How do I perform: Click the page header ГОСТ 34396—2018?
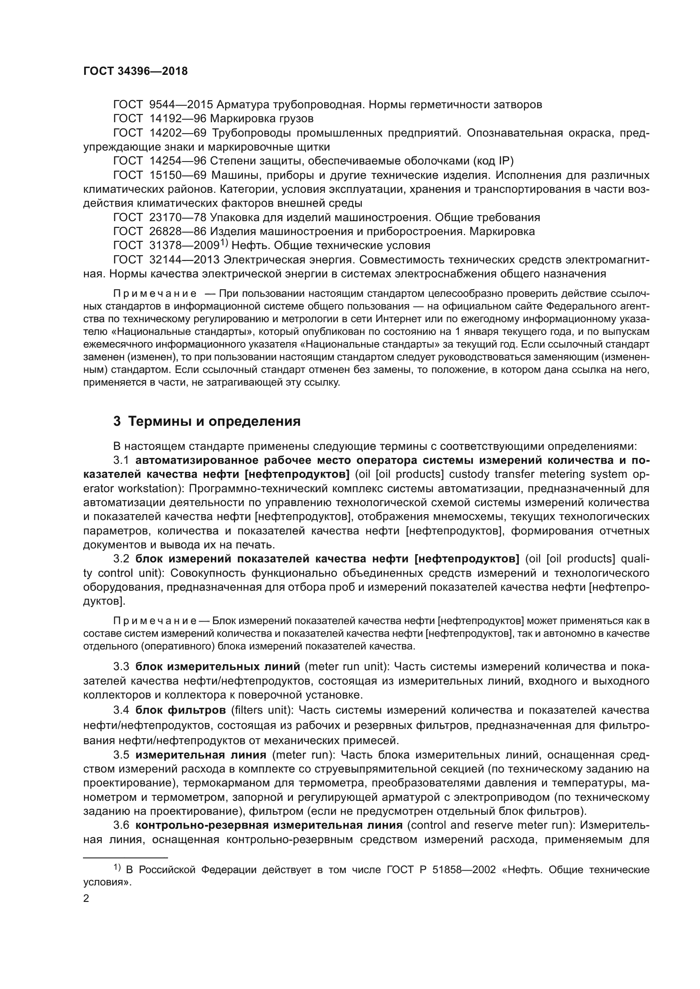click(x=135, y=71)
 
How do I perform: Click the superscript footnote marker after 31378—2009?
click(x=224, y=243)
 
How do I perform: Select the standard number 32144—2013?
click(x=185, y=260)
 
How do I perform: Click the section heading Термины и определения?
click(x=215, y=421)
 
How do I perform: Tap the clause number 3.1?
click(x=121, y=460)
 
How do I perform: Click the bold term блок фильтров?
click(x=180, y=710)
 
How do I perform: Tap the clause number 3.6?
click(x=121, y=825)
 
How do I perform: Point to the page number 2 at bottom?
click(x=86, y=899)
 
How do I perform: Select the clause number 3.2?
click(x=121, y=559)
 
